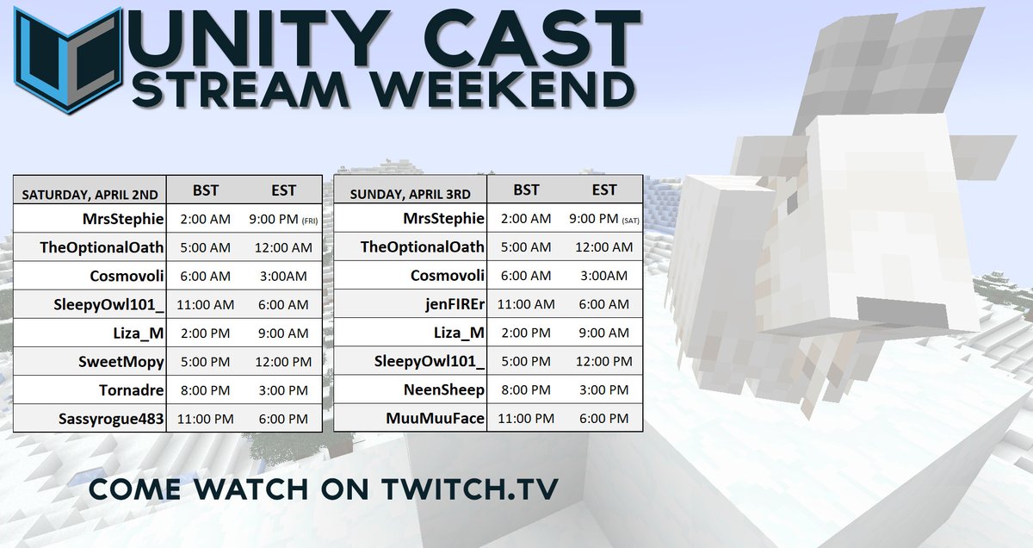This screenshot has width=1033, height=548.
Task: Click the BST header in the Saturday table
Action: [206, 190]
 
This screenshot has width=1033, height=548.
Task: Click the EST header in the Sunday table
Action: [604, 190]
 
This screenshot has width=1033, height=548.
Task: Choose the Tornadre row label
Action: [131, 390]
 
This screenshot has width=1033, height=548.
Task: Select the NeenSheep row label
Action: [444, 390]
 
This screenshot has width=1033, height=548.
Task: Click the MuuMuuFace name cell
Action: [436, 419]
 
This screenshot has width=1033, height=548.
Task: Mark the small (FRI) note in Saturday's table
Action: [309, 221]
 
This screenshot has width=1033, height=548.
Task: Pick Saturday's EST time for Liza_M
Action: [282, 333]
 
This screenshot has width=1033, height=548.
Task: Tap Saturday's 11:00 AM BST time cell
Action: [206, 305]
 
